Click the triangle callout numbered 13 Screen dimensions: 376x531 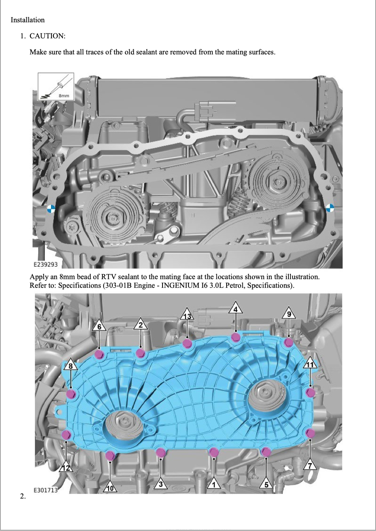click(x=188, y=315)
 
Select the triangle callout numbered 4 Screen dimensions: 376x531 click(x=235, y=308)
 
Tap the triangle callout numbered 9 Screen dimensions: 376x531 click(x=289, y=313)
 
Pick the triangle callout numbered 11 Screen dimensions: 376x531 click(x=310, y=363)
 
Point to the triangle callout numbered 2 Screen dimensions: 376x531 click(x=141, y=324)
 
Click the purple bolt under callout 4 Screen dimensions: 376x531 click(x=235, y=337)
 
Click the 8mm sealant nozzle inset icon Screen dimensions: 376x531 click(x=56, y=86)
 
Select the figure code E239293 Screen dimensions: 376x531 click(x=46, y=265)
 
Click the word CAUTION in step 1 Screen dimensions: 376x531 click(x=47, y=36)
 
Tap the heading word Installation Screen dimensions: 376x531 click(x=28, y=20)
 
